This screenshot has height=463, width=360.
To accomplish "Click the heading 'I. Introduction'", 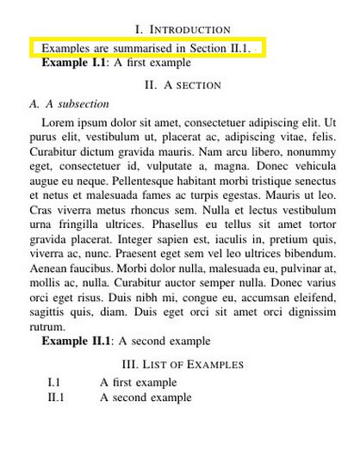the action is click(183, 29).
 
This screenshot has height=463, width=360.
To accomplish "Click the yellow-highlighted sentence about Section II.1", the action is click(146, 48).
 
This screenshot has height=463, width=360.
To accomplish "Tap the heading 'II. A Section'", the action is click(183, 84).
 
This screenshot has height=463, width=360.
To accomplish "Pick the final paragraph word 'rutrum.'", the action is click(47, 327).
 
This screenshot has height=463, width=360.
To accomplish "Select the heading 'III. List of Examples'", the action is click(183, 364).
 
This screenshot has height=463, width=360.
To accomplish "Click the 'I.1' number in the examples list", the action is click(53, 382).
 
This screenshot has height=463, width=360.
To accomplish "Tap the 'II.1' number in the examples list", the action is click(56, 398).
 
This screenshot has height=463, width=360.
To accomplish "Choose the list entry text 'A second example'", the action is click(146, 398).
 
